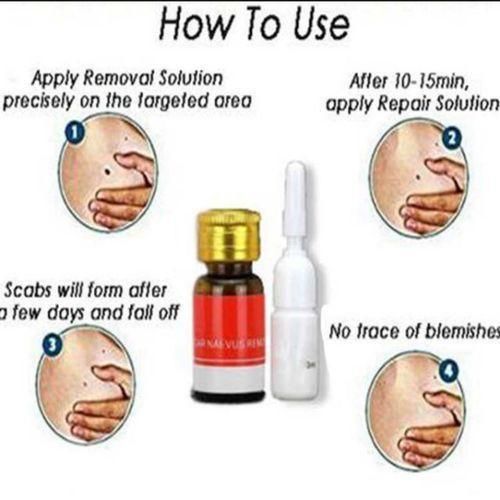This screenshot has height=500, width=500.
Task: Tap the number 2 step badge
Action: click(x=451, y=140)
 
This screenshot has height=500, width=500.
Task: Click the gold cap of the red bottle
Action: click(x=228, y=235)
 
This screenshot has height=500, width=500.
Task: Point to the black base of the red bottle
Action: click(x=228, y=395)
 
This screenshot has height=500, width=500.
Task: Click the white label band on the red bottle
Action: click(x=228, y=373)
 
